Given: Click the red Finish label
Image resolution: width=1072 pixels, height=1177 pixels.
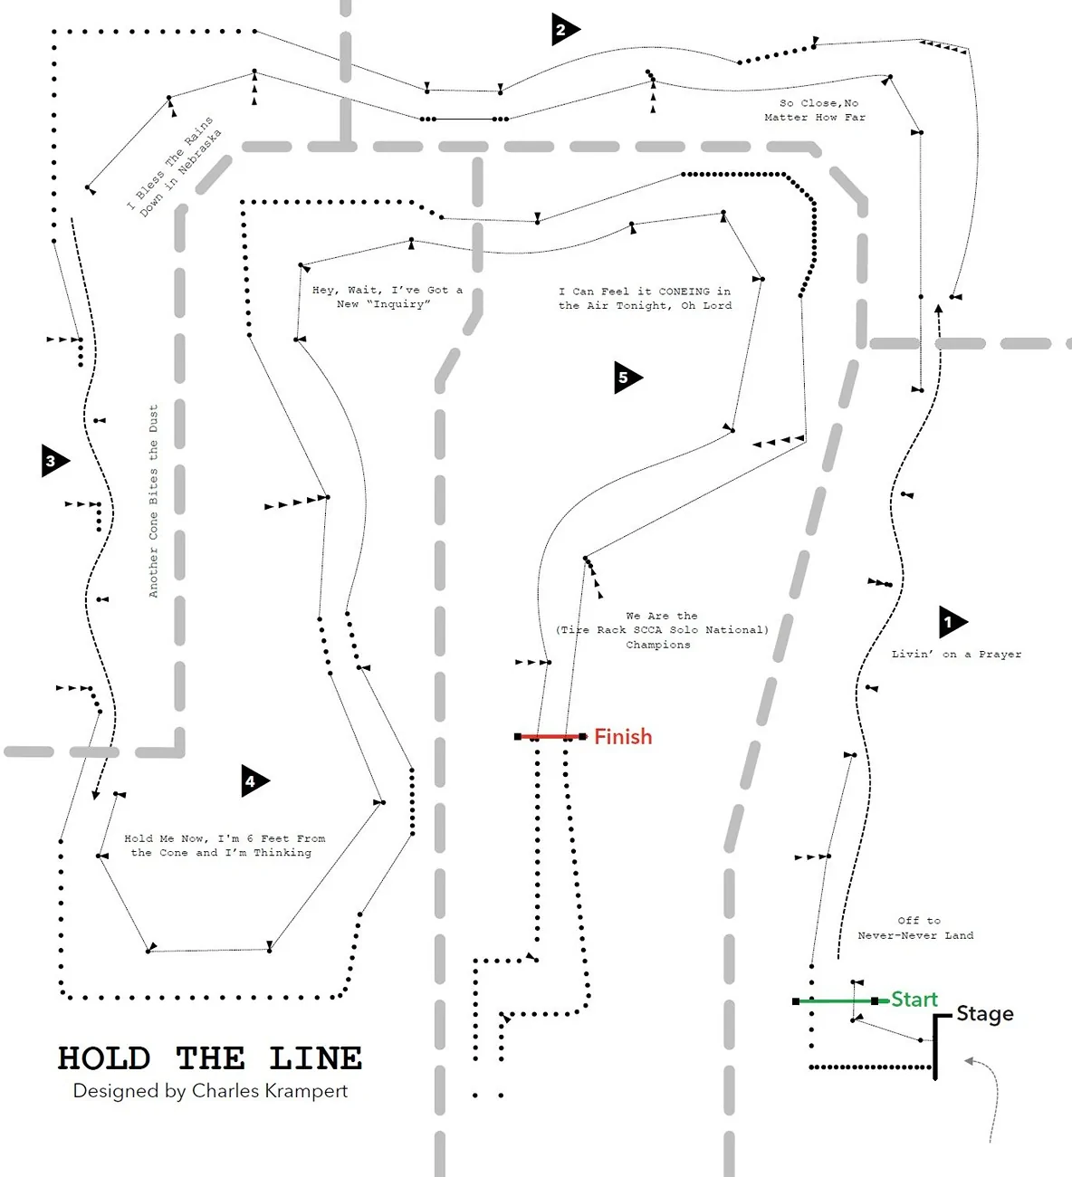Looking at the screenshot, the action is point(623,736).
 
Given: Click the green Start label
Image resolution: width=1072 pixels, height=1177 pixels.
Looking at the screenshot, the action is point(914,1000).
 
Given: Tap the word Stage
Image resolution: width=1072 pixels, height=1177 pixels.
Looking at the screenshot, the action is point(985,1014).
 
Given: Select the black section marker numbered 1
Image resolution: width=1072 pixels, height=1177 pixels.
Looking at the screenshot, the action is point(952,622).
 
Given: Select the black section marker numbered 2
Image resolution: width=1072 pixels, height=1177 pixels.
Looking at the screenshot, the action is point(564,29).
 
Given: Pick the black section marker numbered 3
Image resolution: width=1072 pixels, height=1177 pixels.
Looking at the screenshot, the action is point(53,461).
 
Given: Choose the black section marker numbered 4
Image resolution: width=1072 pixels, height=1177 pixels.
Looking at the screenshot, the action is point(254,781).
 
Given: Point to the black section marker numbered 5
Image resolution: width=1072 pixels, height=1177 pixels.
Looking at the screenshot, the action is point(627,378).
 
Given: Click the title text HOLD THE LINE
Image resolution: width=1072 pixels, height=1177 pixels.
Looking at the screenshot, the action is point(210,1057).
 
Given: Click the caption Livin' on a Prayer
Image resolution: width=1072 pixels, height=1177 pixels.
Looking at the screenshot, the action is point(956,655).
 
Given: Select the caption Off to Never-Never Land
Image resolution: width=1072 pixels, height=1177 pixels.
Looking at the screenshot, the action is point(916,928).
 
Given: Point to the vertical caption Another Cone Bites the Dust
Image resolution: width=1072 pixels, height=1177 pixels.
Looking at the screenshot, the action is point(153,501).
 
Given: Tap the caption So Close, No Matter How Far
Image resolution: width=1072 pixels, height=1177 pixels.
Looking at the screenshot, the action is point(815,110).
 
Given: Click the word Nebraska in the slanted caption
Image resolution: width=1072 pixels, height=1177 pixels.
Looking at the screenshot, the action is point(200,151).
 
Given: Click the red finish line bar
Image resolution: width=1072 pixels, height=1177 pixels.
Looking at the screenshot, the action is point(550,736).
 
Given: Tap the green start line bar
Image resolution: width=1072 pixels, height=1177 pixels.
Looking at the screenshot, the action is point(836,1001).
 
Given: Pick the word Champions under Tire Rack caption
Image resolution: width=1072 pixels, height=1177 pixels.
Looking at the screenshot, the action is point(658,645).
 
